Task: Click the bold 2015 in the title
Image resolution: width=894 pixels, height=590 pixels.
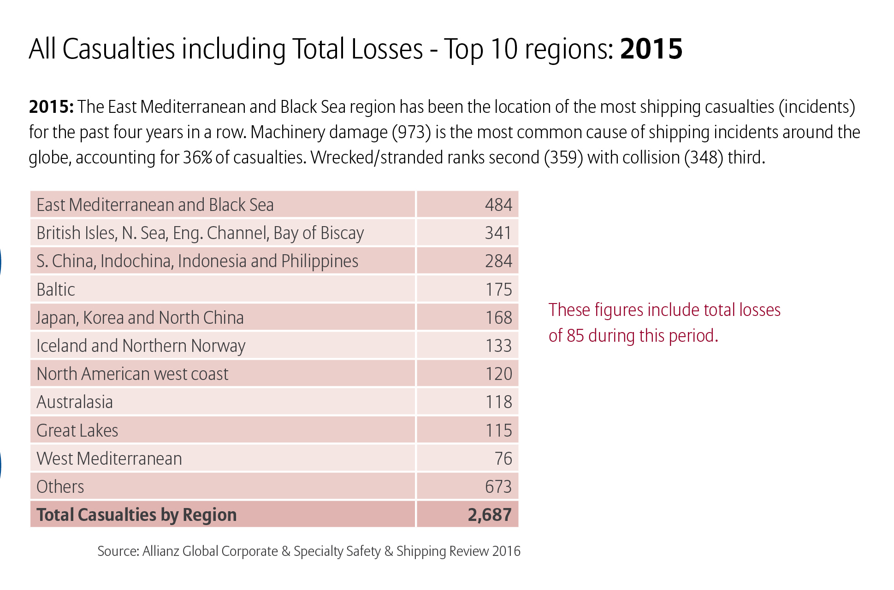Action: coord(651,49)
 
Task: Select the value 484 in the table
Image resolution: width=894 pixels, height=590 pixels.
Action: coord(498,204)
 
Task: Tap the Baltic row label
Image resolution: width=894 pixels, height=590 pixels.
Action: coord(55,290)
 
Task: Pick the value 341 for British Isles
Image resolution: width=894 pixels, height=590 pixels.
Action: coord(498,233)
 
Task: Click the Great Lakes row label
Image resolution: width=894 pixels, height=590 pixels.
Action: coord(77,431)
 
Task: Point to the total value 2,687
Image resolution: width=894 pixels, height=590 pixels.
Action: coord(489,515)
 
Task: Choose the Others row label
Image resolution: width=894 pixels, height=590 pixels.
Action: coord(60,487)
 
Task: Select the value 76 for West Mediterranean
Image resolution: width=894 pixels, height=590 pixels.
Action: coord(503,459)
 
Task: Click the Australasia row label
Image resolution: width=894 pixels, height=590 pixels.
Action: coord(74,402)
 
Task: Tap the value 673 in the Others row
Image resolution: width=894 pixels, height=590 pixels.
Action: coord(498,487)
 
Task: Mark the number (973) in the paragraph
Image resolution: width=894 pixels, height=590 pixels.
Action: coord(411,133)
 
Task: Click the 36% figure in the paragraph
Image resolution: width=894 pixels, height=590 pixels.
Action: coord(197,158)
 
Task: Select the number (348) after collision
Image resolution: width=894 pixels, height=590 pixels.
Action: coord(704,158)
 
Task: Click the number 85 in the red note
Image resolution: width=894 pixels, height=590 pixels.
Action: coord(575,336)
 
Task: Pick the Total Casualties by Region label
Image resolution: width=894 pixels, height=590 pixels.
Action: coord(136,515)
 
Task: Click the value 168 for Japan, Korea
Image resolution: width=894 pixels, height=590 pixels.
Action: coord(498,318)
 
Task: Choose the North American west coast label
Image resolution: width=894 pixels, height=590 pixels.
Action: coord(132,374)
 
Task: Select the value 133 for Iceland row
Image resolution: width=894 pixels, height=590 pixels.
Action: coord(498,346)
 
